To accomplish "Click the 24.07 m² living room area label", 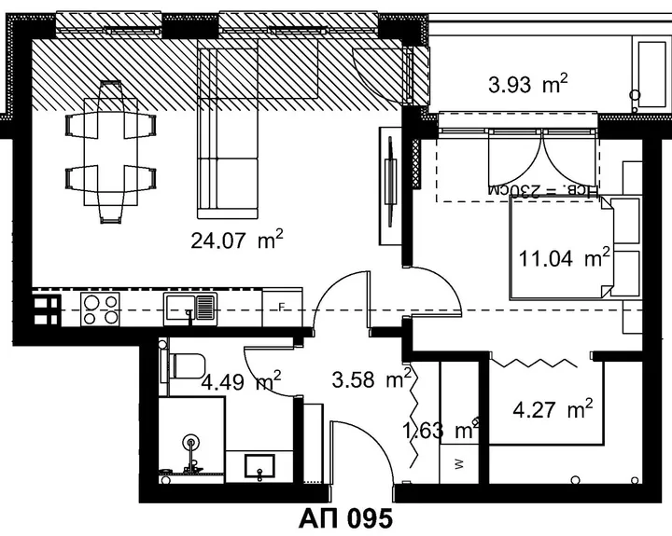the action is pos(237,240).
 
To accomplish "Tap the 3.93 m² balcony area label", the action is pos(528,84).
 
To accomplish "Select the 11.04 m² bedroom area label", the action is pos(564,257).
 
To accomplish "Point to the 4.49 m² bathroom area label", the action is pos(242,380).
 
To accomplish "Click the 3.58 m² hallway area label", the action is pos(371,378).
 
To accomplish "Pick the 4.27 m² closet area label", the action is pos(553,409).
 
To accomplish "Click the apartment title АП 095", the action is pos(345,518).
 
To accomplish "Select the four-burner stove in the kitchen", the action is pos(101,309).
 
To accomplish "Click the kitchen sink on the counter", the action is pos(190,309).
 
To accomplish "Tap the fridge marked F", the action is pos(282,307).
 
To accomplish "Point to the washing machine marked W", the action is pos(459,464).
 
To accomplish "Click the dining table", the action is pos(110,152).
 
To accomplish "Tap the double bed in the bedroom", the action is pos(562,247).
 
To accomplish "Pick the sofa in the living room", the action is pos(228,132).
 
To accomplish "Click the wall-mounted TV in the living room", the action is pos(390,182).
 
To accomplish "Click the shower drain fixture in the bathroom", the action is pos(190,443).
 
